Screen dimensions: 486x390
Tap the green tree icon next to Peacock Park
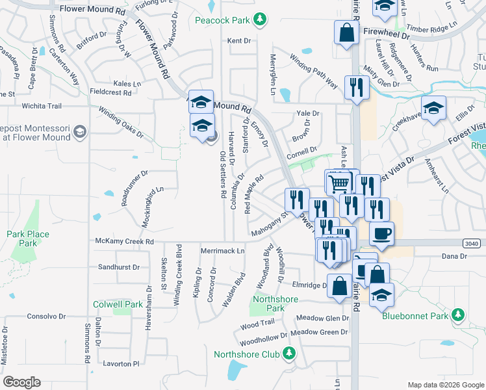pos(260,19)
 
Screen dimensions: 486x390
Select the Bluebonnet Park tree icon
pos(459,316)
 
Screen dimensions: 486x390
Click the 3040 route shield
pos(473,242)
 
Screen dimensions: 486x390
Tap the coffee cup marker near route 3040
pos(381,233)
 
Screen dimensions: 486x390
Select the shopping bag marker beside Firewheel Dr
pos(347,33)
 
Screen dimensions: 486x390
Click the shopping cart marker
pos(339,183)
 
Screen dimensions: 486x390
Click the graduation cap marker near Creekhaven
pos(433,107)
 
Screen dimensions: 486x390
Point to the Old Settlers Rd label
pos(223,174)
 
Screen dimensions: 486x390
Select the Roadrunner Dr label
pos(134,188)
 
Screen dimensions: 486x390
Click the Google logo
pos(21,382)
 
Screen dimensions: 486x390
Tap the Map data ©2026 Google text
pos(446,385)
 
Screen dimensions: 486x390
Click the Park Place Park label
pos(28,239)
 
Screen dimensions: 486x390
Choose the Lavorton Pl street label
pos(118,365)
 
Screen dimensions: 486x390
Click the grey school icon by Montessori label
pos(80,133)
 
